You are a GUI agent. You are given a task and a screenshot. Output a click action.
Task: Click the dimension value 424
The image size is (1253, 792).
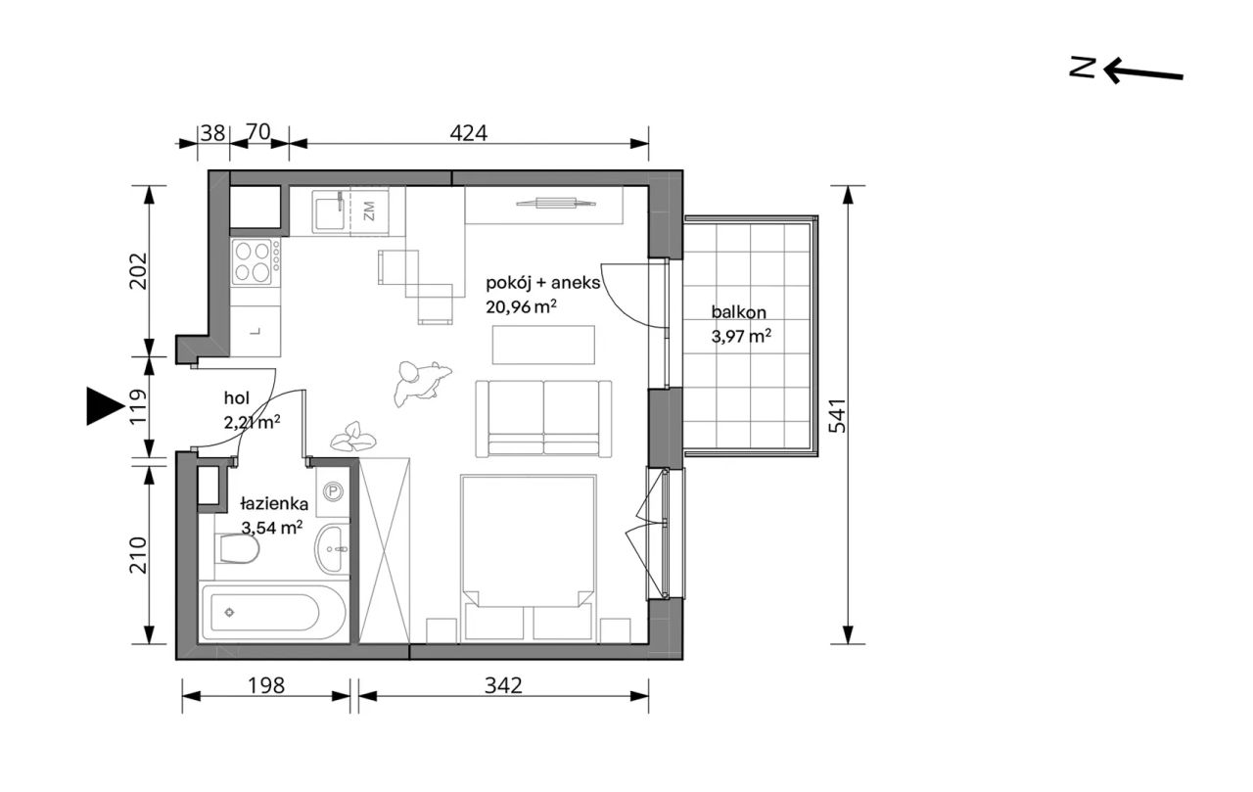click(469, 133)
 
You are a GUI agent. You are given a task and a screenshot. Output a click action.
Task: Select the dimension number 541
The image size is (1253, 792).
click(837, 415)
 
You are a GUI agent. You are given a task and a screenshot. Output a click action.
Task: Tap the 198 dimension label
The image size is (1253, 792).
click(266, 685)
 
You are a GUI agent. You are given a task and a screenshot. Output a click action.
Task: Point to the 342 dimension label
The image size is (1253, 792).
click(503, 685)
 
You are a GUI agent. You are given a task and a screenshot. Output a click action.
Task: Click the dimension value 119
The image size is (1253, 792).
click(139, 405)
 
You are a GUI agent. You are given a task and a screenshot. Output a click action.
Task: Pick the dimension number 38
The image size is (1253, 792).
click(212, 133)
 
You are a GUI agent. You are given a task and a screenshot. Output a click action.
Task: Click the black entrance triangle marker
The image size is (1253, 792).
click(105, 406)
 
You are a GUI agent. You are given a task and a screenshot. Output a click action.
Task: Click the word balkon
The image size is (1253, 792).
click(739, 312)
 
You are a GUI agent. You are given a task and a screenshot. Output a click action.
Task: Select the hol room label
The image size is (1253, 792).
click(237, 398)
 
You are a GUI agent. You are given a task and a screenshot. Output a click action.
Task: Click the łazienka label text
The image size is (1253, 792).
click(274, 504)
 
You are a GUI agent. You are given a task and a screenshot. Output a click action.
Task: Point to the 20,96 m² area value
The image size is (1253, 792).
click(521, 307)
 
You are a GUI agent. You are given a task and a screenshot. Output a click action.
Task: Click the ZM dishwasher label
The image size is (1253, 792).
click(369, 211)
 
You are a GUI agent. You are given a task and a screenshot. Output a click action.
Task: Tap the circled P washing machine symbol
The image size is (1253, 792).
click(334, 491)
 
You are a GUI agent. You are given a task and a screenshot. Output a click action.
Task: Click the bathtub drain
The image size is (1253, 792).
click(229, 613)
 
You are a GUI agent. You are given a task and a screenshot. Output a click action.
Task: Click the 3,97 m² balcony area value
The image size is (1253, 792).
click(741, 336)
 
